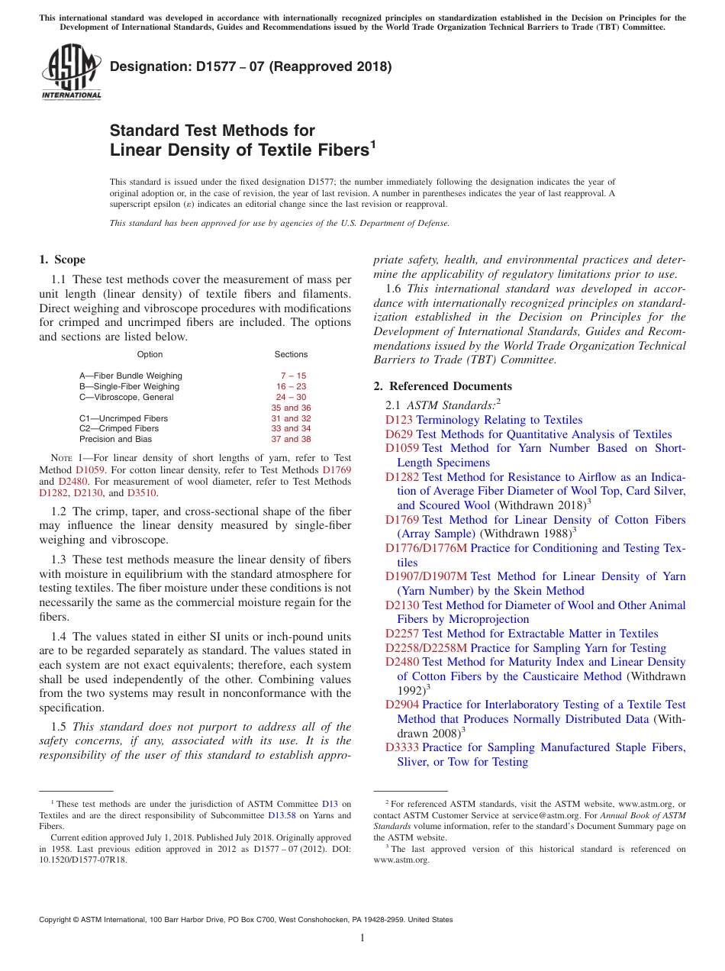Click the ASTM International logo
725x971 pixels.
71,73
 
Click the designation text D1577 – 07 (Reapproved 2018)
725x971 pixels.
250,66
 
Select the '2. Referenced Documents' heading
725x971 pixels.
443,386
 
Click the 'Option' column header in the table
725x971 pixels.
150,354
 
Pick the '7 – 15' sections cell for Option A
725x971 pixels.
292,376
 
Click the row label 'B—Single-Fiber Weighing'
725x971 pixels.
129,386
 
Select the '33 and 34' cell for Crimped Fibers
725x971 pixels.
291,428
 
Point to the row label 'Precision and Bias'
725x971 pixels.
115,439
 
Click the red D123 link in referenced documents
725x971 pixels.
398,420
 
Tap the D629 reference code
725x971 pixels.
398,434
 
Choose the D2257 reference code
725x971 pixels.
401,634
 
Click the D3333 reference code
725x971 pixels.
401,747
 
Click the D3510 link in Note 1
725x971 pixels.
142,493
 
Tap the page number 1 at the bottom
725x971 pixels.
362,938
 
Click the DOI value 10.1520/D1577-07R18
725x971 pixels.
83,859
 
